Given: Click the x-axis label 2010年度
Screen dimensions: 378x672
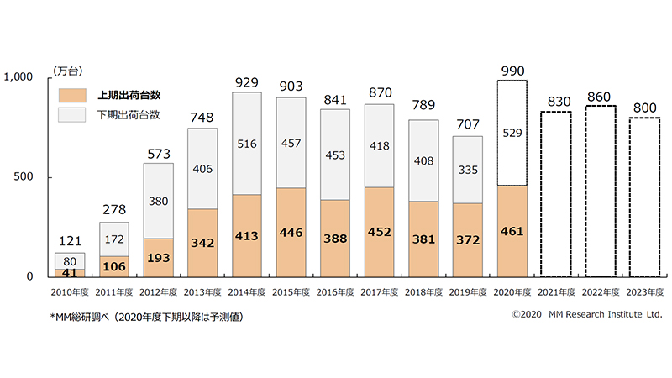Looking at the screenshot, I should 71,291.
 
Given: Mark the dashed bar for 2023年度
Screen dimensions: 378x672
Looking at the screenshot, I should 643,197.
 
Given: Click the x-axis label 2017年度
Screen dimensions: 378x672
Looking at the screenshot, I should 380,291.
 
